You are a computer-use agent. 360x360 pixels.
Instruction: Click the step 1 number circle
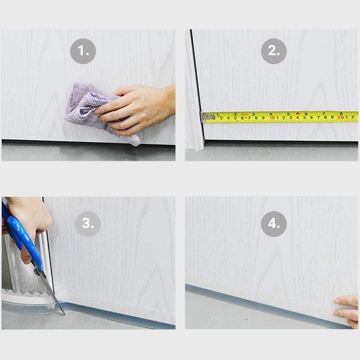click(83, 51)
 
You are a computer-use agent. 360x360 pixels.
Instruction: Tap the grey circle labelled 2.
click(274, 51)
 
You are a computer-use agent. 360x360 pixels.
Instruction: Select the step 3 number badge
click(88, 224)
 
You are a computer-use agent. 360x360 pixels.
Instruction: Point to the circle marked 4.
click(274, 224)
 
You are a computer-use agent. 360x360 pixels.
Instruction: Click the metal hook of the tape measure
click(205, 117)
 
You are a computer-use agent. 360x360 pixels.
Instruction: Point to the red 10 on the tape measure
click(272, 118)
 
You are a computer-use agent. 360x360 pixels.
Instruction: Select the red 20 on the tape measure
click(341, 118)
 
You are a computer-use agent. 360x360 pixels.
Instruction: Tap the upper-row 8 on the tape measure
click(341, 113)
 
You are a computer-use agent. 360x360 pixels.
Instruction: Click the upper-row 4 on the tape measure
click(271, 114)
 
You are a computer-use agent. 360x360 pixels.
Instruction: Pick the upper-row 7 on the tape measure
click(324, 113)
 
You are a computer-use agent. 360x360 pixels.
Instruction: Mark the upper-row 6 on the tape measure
click(306, 113)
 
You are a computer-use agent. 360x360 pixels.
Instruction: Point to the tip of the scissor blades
click(65, 314)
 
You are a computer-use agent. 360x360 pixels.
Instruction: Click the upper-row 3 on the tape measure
click(253, 114)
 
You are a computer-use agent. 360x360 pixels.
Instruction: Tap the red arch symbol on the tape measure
click(298, 113)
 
